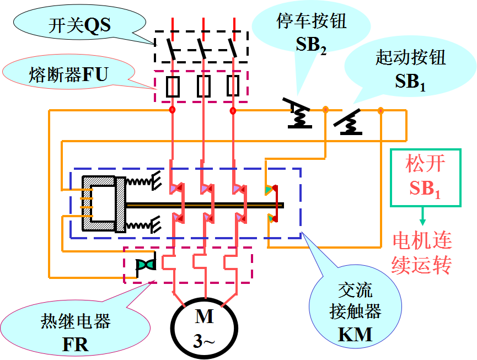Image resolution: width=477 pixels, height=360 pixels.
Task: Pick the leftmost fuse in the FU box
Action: coord(173,87)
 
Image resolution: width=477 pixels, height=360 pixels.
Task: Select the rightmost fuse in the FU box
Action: coord(233,87)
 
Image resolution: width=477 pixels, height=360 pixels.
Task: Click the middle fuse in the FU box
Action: coord(203,87)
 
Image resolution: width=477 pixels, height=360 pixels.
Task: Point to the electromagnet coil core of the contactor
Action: coord(99,203)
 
